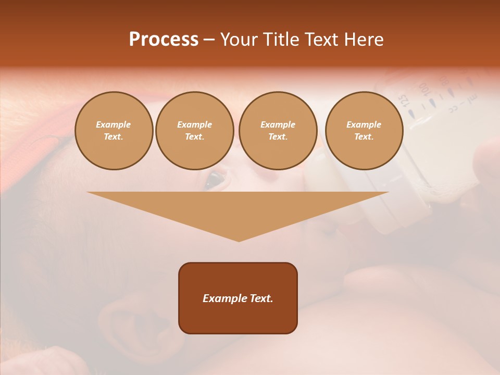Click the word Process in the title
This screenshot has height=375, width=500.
(x=164, y=40)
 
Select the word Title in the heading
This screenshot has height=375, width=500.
(x=282, y=40)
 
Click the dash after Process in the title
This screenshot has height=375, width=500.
(x=209, y=40)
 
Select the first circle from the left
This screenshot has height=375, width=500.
(x=114, y=131)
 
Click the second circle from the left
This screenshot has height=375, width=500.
(x=195, y=131)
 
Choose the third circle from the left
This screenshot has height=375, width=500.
(x=278, y=131)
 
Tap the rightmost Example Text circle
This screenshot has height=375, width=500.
(x=364, y=131)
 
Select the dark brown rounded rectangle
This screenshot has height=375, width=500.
(x=238, y=298)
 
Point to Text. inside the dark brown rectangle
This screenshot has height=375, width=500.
(x=260, y=298)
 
